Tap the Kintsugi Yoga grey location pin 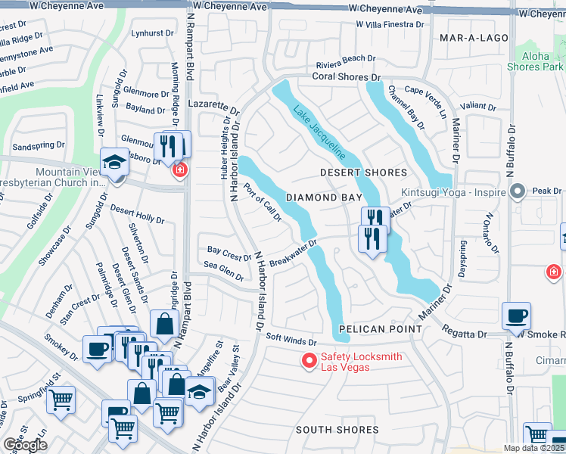click(x=518, y=191)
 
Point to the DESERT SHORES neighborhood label click(x=362, y=173)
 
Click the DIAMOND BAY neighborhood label click(x=322, y=197)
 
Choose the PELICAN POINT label click(x=380, y=329)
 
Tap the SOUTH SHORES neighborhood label click(x=337, y=430)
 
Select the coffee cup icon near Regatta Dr click(x=516, y=315)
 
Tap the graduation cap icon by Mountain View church click(x=114, y=163)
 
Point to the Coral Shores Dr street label click(x=345, y=76)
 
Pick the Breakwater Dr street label click(x=292, y=253)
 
